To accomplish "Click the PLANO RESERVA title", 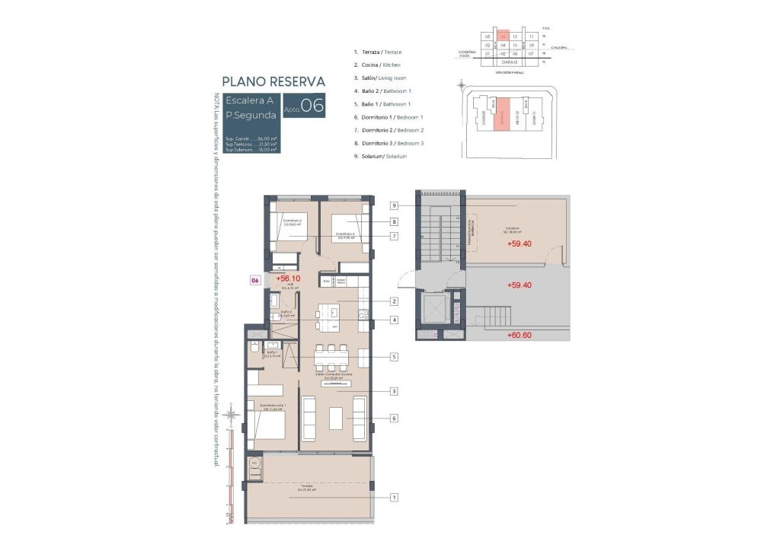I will click(273, 81).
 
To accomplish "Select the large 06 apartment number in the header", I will click(312, 106).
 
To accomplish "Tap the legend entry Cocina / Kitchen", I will click(377, 65).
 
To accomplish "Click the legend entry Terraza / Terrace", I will click(377, 52).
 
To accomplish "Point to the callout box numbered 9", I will click(395, 205).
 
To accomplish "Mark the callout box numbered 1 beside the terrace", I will click(395, 498).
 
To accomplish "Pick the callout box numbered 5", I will click(395, 356).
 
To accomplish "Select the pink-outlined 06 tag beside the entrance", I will click(255, 280).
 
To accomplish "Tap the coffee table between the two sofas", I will click(336, 418).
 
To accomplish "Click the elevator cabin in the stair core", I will click(433, 310).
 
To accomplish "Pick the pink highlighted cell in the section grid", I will click(503, 36).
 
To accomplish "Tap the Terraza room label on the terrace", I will click(306, 486).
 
